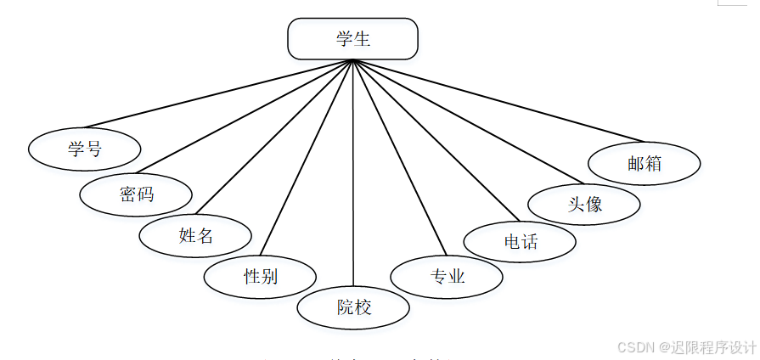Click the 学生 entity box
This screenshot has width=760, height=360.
[x=352, y=39]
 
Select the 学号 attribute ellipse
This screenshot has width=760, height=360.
[x=84, y=149]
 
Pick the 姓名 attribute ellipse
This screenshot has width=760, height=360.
[x=195, y=235]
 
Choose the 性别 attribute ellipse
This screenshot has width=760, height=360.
[x=260, y=276]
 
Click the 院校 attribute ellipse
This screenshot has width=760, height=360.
[x=353, y=307]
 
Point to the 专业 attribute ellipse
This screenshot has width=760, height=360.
[x=447, y=276]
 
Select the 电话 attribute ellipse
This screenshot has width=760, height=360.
[x=520, y=241]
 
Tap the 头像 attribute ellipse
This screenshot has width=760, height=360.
[x=584, y=204]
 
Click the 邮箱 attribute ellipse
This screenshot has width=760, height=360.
[x=645, y=164]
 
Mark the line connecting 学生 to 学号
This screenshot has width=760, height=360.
[x=218, y=93]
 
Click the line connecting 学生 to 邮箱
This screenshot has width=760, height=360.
[x=498, y=100]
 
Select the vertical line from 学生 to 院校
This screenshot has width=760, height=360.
[x=353, y=170]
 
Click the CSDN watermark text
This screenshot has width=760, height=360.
[x=686, y=347]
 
